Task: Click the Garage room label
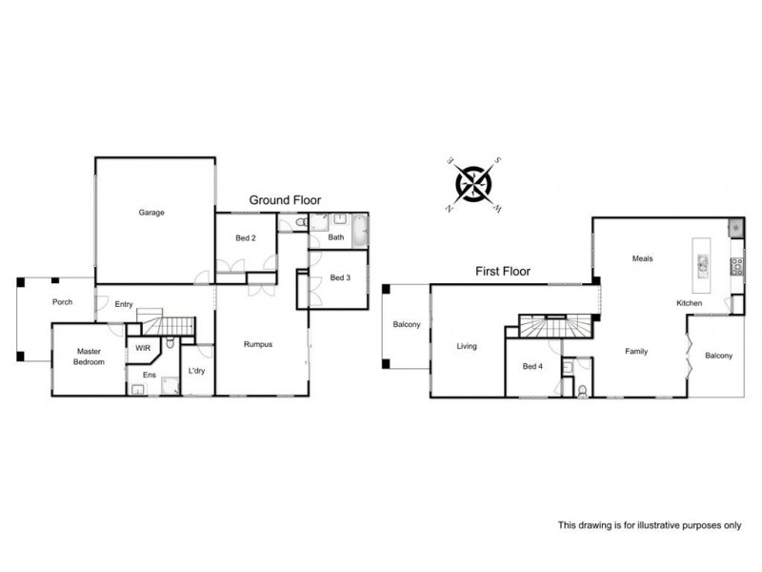151,213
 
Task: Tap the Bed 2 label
246,237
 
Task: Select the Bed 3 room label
341,277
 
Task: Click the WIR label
144,348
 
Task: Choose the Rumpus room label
258,344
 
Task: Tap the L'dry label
197,371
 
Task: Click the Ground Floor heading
285,200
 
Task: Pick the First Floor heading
502,272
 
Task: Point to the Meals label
642,258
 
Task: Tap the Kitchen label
689,303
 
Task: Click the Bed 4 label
533,366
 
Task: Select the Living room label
466,346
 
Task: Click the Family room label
635,352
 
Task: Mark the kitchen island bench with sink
701,262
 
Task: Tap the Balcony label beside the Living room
407,325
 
